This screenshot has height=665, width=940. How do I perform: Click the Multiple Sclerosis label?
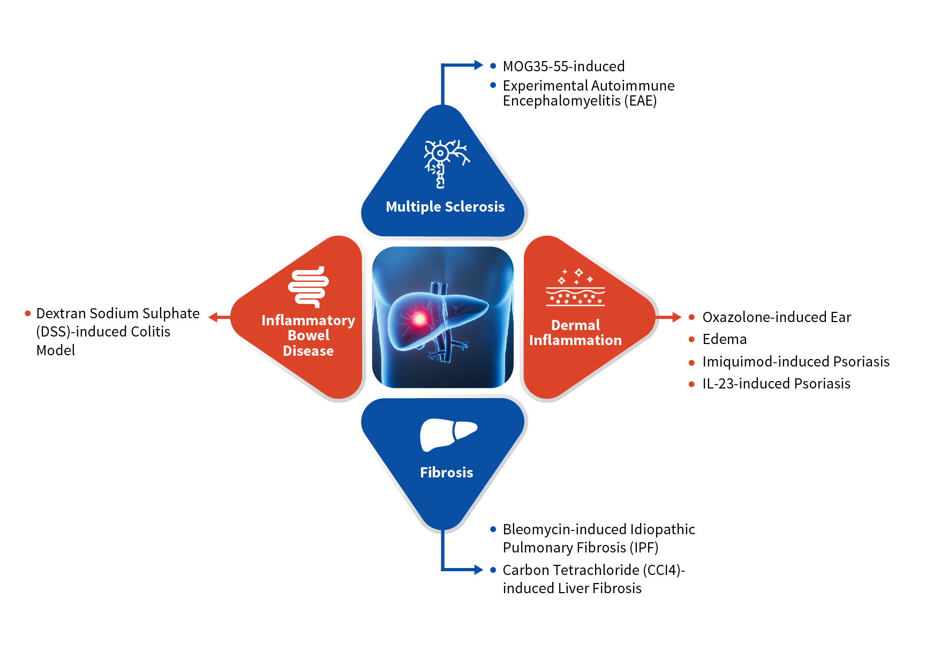pos(445,207)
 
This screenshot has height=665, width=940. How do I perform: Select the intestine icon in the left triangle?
pos(309,287)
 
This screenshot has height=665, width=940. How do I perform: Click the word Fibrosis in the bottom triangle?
pos(447,473)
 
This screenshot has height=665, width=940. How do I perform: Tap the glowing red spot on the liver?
pos(419,319)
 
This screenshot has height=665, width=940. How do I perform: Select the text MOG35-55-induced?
pos(564,66)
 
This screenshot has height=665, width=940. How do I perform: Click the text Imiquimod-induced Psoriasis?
pos(796,362)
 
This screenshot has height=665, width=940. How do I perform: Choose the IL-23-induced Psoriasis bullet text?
pos(777,384)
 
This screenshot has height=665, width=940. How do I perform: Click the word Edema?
pos(725,339)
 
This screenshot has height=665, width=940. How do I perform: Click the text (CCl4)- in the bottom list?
pos(664,570)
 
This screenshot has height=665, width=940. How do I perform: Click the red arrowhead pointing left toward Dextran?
pos(213,317)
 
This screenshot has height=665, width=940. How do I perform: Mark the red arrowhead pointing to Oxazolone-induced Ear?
pos(677,317)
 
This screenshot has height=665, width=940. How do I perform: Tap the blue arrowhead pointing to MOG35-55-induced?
pos(479,65)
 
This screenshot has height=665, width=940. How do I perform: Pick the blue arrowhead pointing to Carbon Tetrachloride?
pos(479,570)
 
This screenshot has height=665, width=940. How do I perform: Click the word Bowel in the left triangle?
pos(309,335)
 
